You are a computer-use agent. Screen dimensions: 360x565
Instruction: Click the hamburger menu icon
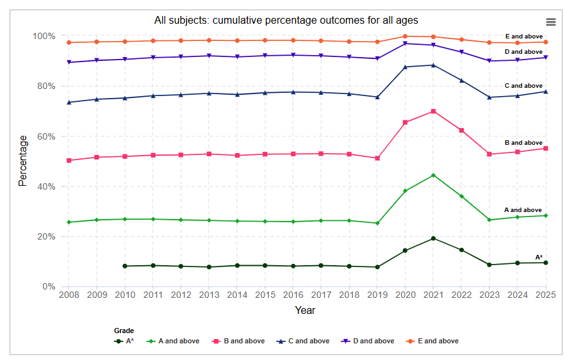point(550,22)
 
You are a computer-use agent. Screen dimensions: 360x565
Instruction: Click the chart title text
point(286,20)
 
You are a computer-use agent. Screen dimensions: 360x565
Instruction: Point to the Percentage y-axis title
point(23,161)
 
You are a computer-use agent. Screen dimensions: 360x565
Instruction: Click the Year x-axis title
point(305,310)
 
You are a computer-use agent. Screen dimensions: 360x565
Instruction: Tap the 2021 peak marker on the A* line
point(434,238)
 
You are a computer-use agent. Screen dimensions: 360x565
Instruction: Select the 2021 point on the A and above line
point(434,175)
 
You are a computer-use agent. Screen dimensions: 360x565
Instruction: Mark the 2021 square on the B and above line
point(434,111)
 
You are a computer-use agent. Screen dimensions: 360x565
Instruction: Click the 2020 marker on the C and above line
point(405,67)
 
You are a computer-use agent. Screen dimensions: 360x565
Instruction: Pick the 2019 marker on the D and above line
point(377,58)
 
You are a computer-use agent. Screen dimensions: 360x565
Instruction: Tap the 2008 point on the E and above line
point(69,42)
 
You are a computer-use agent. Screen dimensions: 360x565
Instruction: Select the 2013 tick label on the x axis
point(209,295)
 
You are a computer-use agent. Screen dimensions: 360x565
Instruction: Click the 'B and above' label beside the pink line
point(523,143)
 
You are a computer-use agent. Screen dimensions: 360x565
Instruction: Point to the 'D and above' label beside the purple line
point(523,52)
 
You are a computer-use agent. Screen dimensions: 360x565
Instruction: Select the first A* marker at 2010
point(125,266)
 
